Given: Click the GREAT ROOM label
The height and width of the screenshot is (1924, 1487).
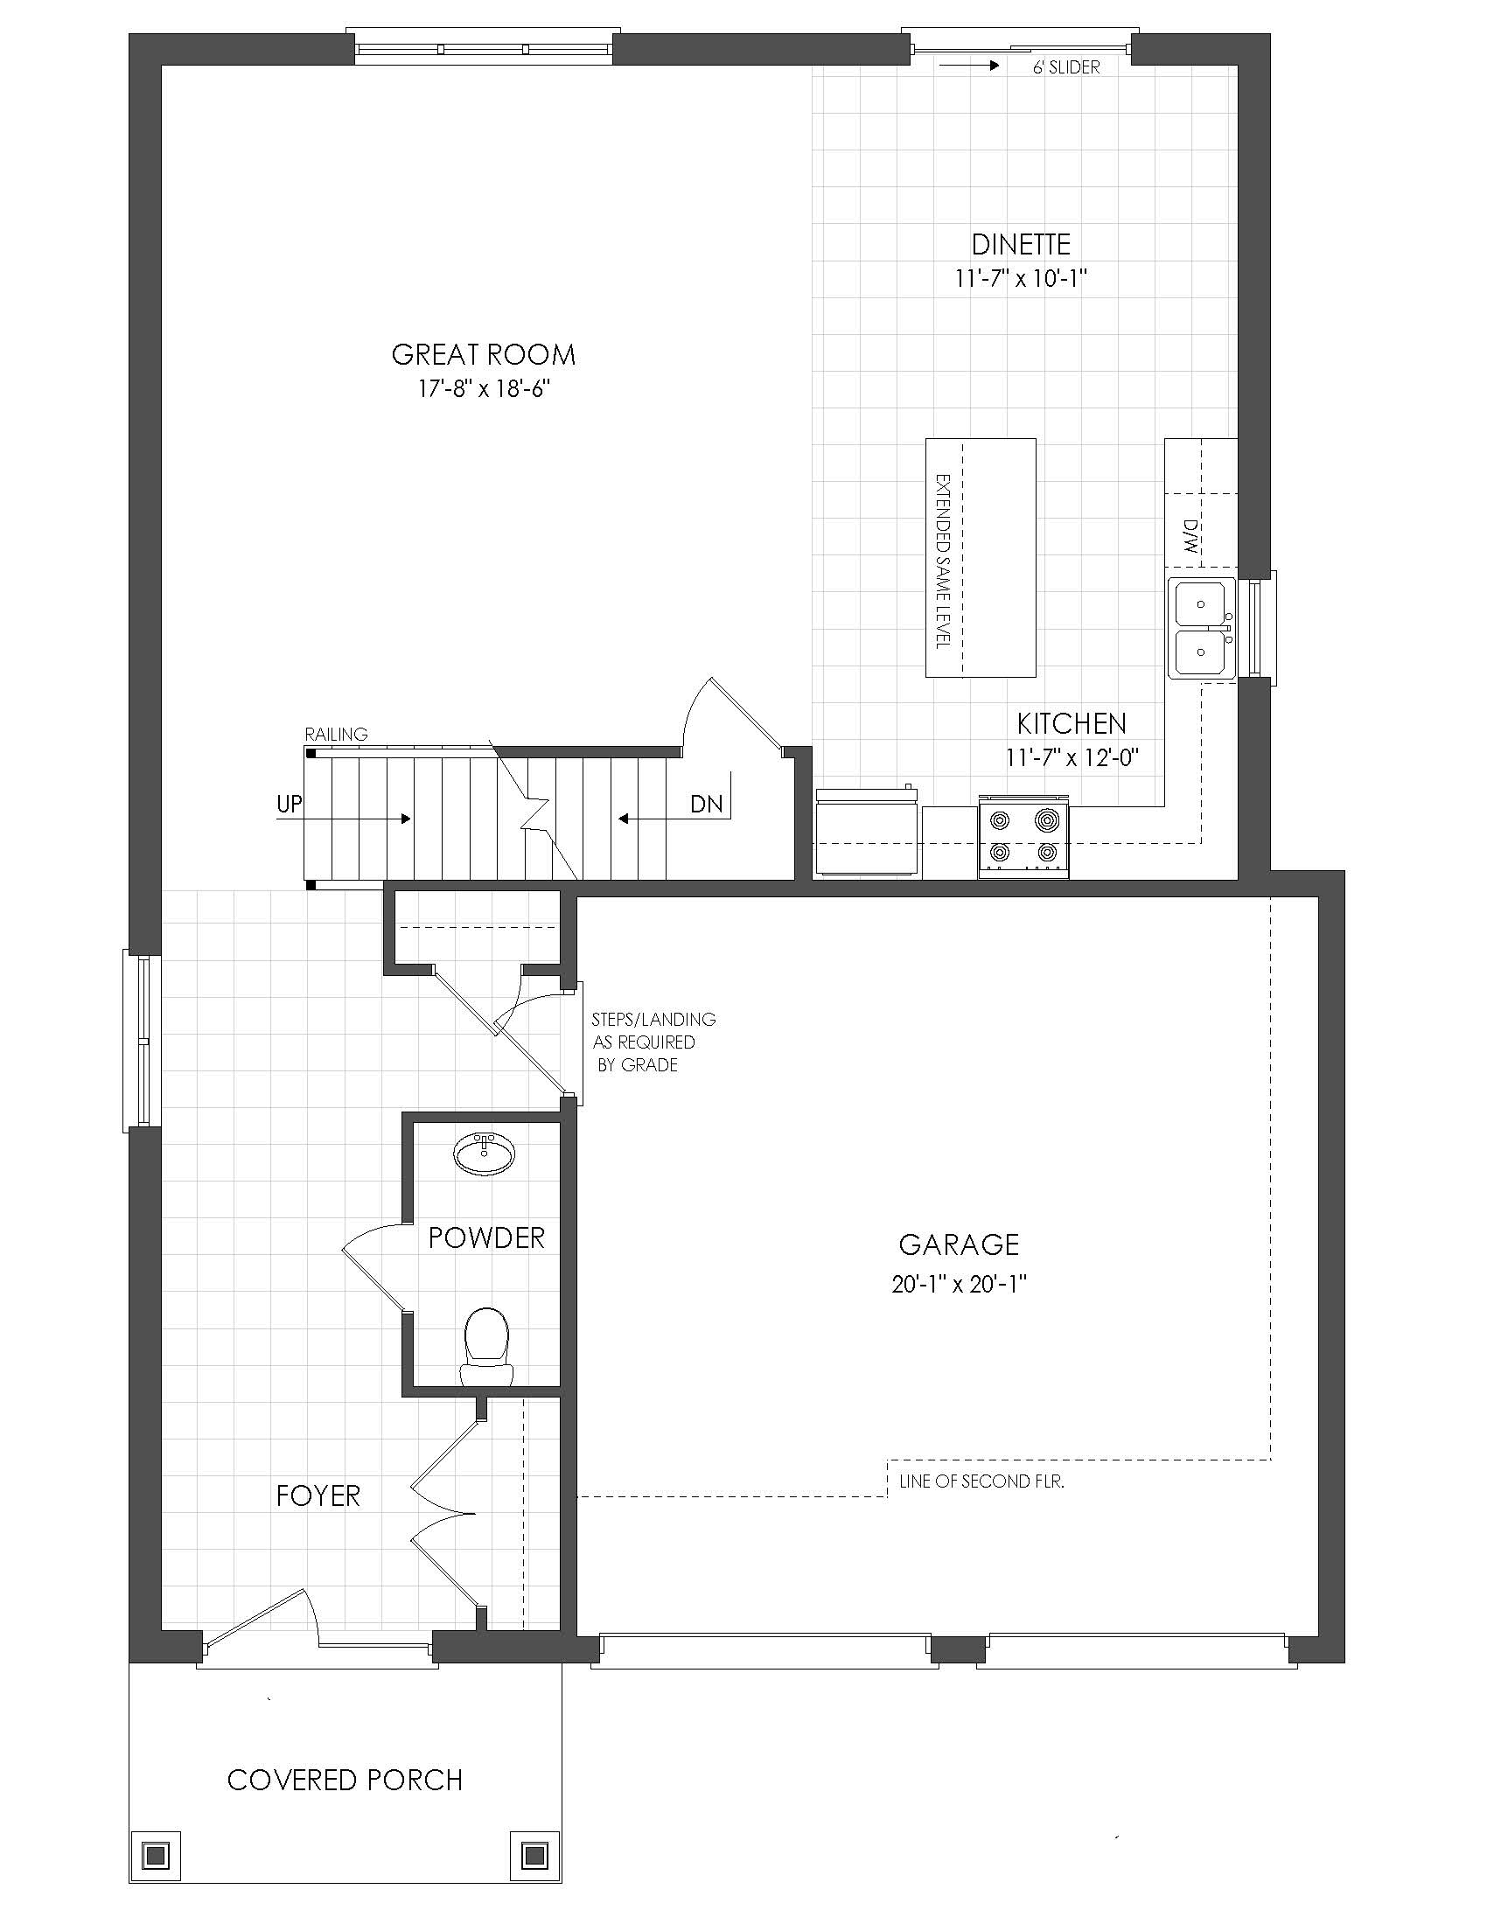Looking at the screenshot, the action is (484, 355).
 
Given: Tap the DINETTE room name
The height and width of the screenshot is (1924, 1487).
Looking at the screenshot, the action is (1021, 244).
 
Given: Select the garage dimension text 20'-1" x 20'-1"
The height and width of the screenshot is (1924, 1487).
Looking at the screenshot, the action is (960, 1285).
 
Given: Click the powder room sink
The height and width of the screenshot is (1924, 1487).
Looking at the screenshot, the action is (484, 1154).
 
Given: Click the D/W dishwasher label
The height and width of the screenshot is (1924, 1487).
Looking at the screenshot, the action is (1191, 534).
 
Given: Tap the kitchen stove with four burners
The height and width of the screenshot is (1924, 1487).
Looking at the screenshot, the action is (1023, 836).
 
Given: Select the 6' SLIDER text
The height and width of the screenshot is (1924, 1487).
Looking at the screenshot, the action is (1067, 68).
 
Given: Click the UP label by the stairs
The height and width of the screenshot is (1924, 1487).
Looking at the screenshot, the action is (289, 804).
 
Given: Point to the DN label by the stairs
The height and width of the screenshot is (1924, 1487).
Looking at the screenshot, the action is (707, 804).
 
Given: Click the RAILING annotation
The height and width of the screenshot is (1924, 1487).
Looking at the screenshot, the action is (337, 734).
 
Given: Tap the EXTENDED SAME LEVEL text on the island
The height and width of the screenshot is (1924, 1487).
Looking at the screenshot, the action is (943, 562).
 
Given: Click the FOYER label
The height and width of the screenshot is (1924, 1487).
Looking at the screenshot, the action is (318, 1495).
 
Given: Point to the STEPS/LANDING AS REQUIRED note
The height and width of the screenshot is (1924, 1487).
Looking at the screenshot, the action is (653, 1042).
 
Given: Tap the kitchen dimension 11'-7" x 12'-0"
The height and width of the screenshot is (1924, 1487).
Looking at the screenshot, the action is (1072, 756).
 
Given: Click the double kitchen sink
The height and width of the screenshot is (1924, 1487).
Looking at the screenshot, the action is (1203, 627).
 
